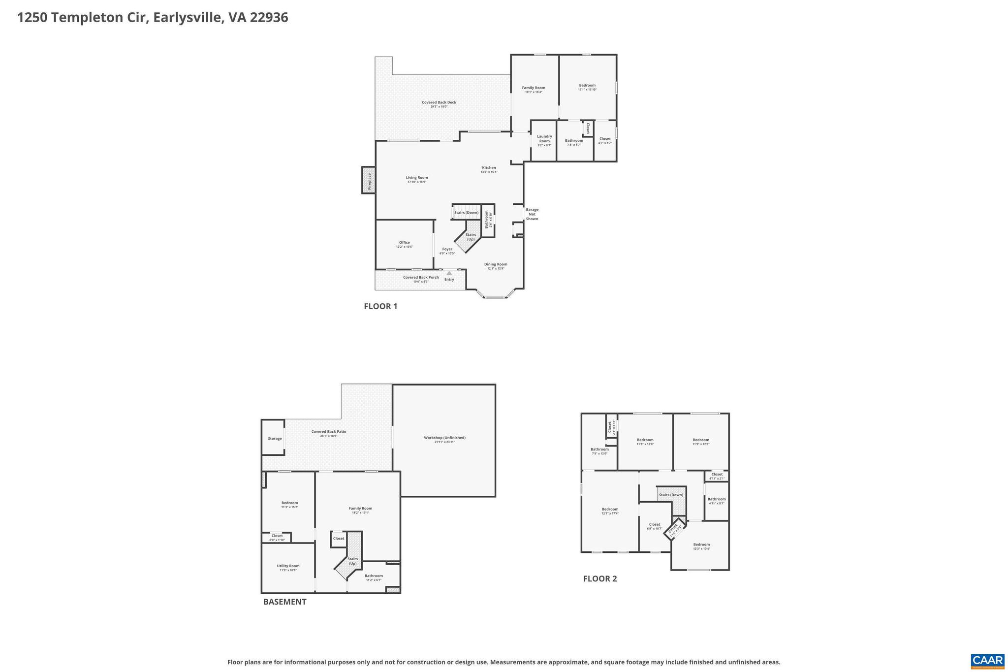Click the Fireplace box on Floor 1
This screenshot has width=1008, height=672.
coord(369,180)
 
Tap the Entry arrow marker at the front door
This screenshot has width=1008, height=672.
coord(449,273)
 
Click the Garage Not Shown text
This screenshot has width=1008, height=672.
coord(532,214)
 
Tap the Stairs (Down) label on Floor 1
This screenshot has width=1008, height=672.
coord(466,213)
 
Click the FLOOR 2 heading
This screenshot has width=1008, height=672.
coord(599,578)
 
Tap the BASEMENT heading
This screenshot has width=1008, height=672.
coord(284,602)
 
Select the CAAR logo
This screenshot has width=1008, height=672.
coord(987,661)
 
